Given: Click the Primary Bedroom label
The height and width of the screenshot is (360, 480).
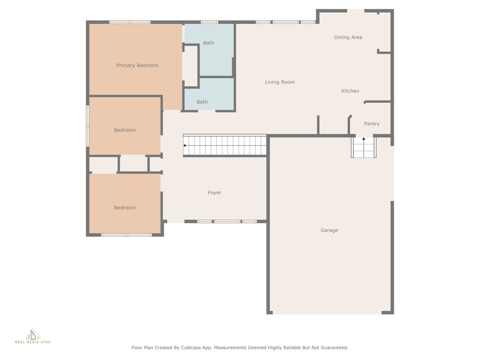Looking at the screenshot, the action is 137,66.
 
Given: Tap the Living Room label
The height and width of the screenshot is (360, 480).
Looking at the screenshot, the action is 280,82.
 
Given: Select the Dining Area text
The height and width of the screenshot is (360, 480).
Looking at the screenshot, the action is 348,37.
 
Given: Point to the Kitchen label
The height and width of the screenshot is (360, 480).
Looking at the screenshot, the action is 350,91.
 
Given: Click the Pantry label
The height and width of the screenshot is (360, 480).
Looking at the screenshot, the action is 372,124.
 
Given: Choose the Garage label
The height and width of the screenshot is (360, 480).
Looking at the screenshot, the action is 329,230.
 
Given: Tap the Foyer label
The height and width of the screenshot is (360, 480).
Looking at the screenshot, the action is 214,193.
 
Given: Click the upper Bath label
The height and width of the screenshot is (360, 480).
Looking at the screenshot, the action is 209,43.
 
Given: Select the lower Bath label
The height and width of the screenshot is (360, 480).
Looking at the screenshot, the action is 202,102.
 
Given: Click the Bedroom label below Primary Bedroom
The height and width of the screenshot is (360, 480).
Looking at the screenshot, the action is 125,130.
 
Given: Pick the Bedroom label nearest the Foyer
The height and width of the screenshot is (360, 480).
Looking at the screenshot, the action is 125,208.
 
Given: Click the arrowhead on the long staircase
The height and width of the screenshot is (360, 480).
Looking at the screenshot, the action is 185,145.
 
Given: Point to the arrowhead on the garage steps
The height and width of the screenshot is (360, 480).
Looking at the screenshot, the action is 364,139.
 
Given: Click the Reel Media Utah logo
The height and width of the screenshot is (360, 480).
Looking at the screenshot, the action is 33,336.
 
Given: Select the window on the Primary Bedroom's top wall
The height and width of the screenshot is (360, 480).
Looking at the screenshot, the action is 130,22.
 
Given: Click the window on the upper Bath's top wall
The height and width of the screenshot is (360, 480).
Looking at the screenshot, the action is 210,22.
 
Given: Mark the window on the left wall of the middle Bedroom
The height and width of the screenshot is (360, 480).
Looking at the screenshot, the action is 88,126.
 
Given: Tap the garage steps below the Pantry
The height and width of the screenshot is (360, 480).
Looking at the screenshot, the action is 364,148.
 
